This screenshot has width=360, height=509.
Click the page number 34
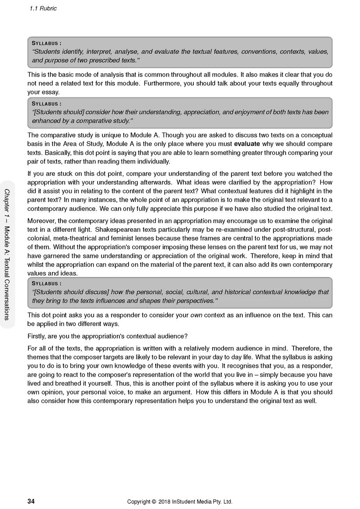(31, 502)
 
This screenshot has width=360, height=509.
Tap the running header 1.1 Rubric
(43, 8)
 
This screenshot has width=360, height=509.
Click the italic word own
(196, 315)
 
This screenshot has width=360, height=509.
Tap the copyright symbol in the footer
(153, 502)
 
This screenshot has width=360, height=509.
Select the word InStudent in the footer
(191, 502)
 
